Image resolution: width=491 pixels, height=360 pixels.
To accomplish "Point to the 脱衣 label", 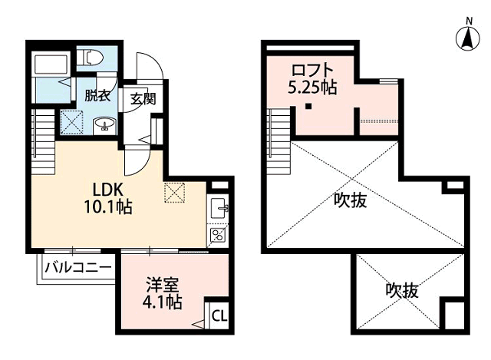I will click(98, 96).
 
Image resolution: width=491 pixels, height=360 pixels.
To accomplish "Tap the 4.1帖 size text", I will click(163, 302).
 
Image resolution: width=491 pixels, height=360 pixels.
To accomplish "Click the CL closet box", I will click(218, 315).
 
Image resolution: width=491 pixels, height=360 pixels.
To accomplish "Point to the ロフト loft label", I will click(310, 70).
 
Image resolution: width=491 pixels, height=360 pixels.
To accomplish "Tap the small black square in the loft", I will click(307, 107).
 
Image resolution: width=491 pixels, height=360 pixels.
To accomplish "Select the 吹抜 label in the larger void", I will click(351, 201).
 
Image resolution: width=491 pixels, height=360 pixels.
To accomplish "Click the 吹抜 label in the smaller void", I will click(401, 292).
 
